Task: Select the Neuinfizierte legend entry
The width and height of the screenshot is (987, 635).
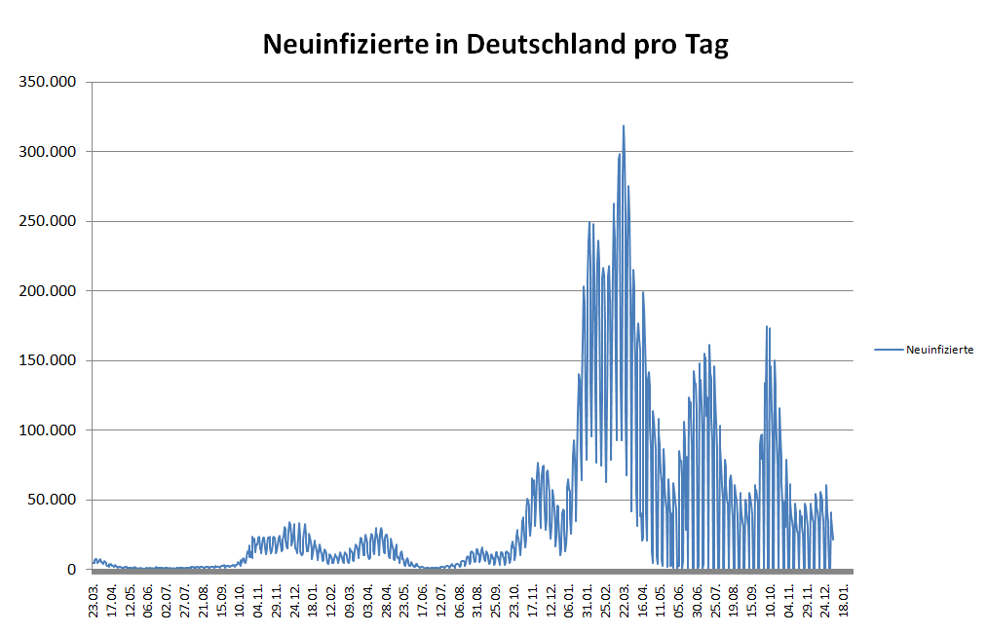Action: click(x=939, y=349)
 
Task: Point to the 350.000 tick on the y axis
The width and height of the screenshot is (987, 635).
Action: click(x=49, y=82)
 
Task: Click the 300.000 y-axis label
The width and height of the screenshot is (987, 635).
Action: click(x=49, y=152)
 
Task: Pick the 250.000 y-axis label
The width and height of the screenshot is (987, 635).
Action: click(x=49, y=221)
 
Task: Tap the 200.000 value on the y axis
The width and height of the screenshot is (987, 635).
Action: click(x=49, y=291)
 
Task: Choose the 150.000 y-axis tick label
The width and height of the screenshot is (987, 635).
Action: click(x=49, y=360)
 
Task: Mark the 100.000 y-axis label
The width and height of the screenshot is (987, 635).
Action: click(x=49, y=430)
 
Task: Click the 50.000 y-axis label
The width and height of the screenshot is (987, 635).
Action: click(x=53, y=500)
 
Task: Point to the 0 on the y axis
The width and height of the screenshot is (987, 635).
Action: click(x=72, y=570)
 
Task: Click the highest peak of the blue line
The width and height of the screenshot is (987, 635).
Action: click(x=624, y=126)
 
